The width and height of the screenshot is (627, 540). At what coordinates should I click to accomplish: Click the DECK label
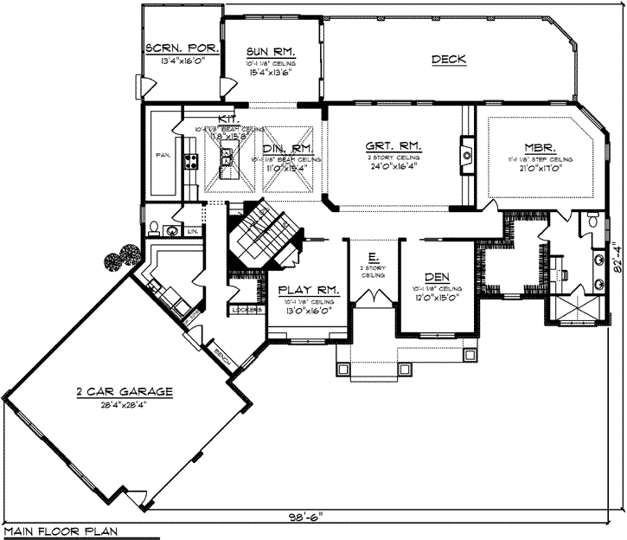point(449,60)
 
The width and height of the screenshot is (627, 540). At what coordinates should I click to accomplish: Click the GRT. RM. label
point(393,146)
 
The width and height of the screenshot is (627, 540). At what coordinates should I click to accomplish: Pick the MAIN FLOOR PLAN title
point(60,530)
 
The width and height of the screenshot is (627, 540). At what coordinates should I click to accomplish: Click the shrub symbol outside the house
point(118,256)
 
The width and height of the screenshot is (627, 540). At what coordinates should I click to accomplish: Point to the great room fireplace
point(466,155)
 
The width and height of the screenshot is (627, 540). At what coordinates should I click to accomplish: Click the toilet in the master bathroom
point(592,222)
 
